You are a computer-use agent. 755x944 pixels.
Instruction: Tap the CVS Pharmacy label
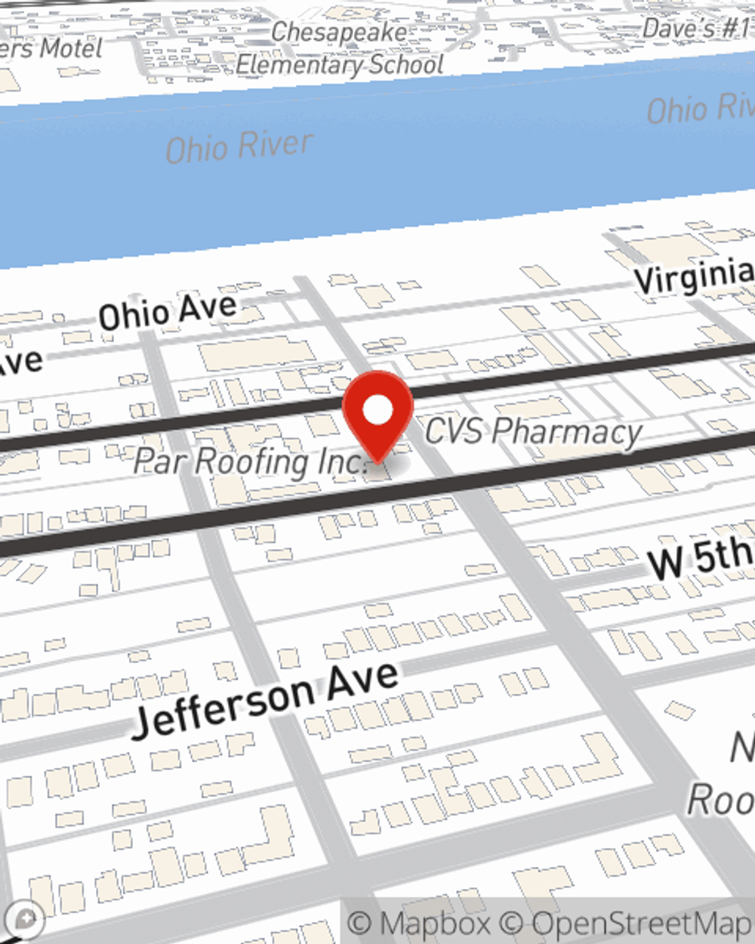point(533,431)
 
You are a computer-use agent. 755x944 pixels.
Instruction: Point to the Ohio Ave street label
point(168,311)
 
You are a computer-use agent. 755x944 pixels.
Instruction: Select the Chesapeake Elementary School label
point(340,49)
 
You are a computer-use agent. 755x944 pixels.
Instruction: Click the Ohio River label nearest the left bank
point(239,147)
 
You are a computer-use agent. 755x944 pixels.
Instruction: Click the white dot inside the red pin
point(378,411)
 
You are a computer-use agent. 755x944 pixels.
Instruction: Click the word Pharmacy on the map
point(566,432)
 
